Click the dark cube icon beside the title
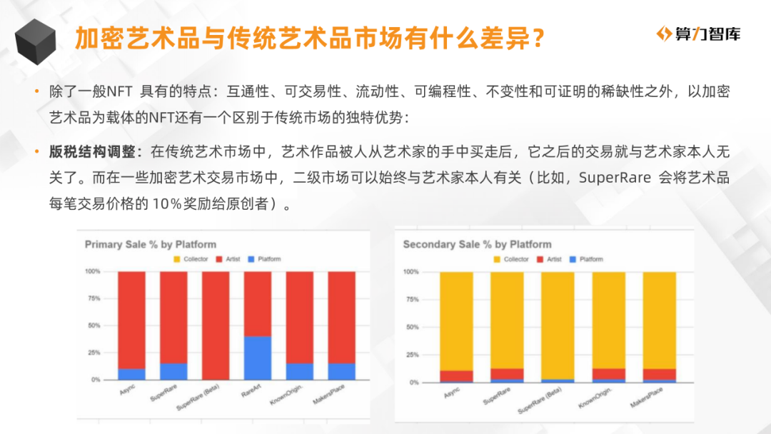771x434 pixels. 36,42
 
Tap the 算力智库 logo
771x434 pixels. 698,34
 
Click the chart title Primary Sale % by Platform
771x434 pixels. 151,244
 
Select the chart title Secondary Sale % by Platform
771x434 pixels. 477,244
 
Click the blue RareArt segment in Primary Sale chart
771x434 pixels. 258,358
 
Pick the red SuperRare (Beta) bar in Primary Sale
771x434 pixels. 216,325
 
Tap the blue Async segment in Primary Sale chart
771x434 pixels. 132,374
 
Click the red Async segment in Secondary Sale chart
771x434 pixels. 456,376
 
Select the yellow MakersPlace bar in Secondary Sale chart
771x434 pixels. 660,321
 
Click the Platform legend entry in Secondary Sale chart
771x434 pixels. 586,259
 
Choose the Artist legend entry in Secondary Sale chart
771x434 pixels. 549,259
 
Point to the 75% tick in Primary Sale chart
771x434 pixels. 94,298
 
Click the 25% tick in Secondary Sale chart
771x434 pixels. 413,355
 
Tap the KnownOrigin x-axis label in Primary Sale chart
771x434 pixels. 286,395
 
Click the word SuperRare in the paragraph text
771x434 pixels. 615,177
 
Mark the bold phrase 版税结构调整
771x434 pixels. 92,151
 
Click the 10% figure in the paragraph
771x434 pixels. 167,203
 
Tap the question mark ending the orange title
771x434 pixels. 538,39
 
